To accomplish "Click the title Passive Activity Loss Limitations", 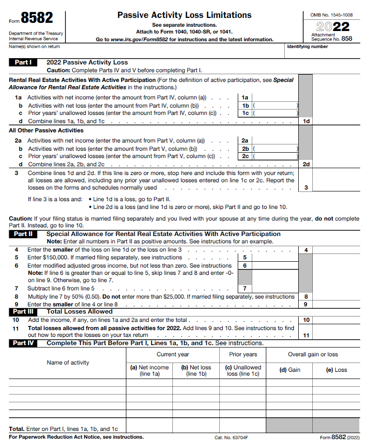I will pyautogui.click(x=184, y=16).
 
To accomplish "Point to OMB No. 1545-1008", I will pyautogui.click(x=332, y=15).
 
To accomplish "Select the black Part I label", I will pyautogui.click(x=23, y=63).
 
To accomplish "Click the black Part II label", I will pyautogui.click(x=23, y=234).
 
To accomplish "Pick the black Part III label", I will pyautogui.click(x=23, y=312).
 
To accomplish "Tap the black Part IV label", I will pyautogui.click(x=23, y=343).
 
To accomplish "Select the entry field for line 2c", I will pyautogui.click(x=275, y=157).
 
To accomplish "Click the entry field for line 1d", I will pyautogui.click(x=336, y=121).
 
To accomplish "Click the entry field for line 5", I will pyautogui.click(x=275, y=258).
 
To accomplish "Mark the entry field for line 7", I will pyautogui.click(x=275, y=288).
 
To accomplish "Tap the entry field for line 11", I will pyautogui.click(x=336, y=335).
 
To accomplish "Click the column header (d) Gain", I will pyautogui.click(x=290, y=370).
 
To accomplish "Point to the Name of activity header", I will pyautogui.click(x=68, y=363).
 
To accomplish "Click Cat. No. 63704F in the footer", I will pyautogui.click(x=231, y=437).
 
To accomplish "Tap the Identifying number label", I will pyautogui.click(x=307, y=47).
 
